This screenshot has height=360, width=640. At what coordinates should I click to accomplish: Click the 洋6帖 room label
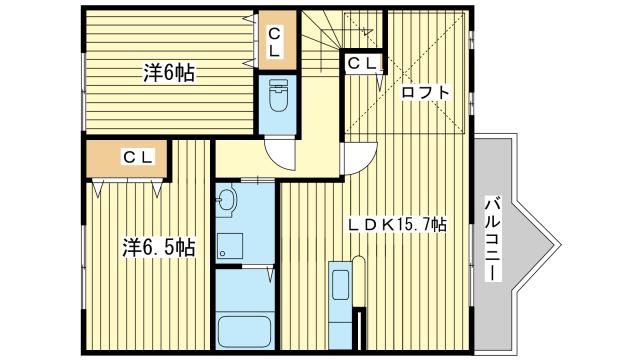(x=169, y=73)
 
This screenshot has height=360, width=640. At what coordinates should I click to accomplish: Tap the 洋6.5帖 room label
(x=159, y=247)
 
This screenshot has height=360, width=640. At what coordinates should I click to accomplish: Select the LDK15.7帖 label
(x=397, y=224)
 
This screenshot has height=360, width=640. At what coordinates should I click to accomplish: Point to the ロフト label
(x=425, y=92)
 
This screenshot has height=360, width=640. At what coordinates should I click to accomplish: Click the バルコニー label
(x=493, y=239)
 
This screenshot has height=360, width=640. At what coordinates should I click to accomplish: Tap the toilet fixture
(x=279, y=96)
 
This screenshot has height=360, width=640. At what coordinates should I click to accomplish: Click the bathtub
(x=245, y=331)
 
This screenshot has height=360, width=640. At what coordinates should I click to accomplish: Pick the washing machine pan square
(x=230, y=246)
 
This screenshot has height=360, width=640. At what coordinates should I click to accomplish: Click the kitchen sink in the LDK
(x=340, y=284)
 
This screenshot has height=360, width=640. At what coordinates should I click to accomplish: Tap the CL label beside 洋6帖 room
(x=274, y=42)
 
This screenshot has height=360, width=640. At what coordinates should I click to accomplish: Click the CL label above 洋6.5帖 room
(x=138, y=157)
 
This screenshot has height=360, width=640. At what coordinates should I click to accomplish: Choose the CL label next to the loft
(x=362, y=63)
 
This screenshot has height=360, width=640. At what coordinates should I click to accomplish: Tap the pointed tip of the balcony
(x=560, y=245)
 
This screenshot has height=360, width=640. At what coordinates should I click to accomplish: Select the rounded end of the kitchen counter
(x=358, y=259)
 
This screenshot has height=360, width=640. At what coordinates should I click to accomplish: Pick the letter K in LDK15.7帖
(x=389, y=224)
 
